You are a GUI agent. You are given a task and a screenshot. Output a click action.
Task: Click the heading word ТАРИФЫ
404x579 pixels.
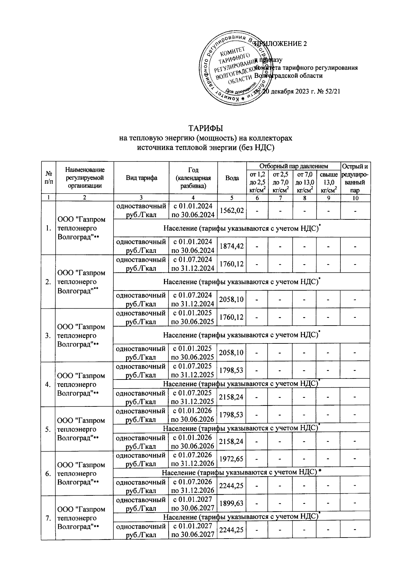pos(206,129)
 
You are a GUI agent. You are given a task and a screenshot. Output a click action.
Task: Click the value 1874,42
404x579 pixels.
pos(232,246)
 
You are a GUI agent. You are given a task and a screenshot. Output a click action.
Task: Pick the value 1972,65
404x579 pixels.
pos(232,459)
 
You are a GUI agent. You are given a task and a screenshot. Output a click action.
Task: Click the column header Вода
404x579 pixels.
pos(232,178)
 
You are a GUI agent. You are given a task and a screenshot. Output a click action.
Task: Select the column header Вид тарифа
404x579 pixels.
pos(141,178)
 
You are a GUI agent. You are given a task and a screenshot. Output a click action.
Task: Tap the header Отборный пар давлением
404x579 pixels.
pos(293,166)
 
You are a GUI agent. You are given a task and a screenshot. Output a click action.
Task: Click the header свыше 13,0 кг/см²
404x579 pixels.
pos(329,182)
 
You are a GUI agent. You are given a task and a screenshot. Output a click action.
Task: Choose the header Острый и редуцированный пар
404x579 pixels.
pos(355,178)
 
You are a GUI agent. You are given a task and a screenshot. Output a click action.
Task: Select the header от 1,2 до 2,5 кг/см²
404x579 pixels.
pos(257,182)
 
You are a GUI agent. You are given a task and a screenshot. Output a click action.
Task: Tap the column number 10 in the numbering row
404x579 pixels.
pos(355,198)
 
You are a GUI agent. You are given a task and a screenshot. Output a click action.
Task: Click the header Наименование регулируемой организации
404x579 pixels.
pos(85,178)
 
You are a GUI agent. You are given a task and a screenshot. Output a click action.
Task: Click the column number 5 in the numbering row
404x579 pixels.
pos(232,198)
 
